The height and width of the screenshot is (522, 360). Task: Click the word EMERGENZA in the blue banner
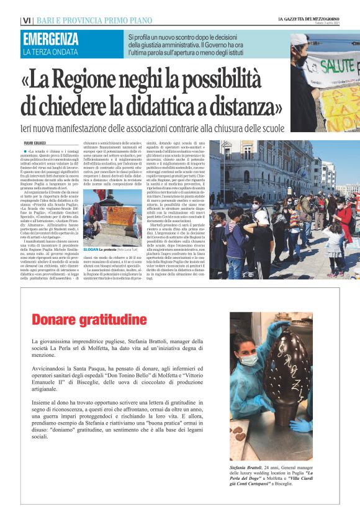coord(50,38)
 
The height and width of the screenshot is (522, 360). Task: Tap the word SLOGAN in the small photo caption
coord(91,249)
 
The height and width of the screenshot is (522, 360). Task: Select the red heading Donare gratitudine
coord(89,320)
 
